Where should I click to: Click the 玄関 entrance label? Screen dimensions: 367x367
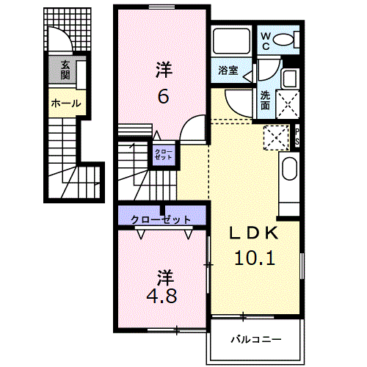click(x=65, y=70)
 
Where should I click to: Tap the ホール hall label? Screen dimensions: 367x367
click(x=65, y=103)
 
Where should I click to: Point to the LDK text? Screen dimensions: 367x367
click(x=254, y=233)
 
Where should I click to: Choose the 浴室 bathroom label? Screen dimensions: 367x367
click(x=228, y=71)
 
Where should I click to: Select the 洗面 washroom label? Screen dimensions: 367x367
click(x=265, y=99)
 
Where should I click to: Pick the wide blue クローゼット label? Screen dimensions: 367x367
click(x=161, y=219)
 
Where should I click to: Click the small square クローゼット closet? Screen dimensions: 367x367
click(x=164, y=155)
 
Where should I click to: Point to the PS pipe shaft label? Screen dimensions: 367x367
click(x=297, y=137)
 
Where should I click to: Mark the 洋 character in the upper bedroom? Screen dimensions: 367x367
click(x=164, y=70)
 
